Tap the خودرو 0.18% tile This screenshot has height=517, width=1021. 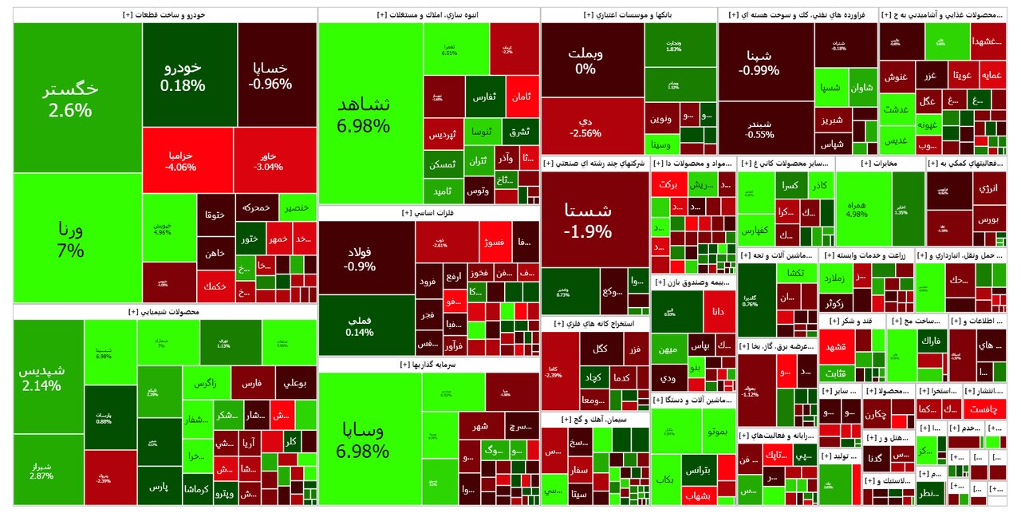pos(190,75)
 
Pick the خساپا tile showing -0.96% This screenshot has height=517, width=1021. pos(277,75)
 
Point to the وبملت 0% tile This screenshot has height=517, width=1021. pos(592,60)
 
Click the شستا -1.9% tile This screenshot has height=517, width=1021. pos(593,220)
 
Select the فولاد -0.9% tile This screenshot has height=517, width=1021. pos(366,258)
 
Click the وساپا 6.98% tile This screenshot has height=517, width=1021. pos(369,439)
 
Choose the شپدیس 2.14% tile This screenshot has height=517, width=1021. pos(48,377)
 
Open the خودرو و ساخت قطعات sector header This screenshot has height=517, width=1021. pos(164,15)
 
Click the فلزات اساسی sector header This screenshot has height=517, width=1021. pos(428,213)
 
